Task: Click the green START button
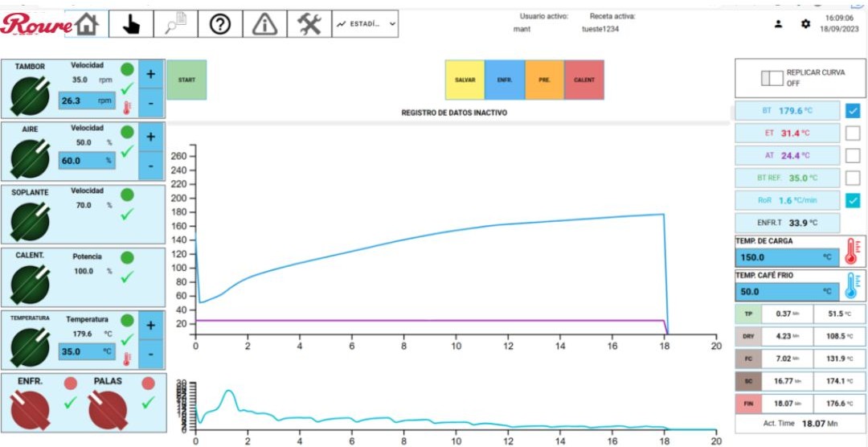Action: [x=186, y=80]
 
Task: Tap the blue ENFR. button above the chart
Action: [x=505, y=80]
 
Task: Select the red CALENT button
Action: [x=584, y=80]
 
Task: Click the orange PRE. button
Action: [x=545, y=80]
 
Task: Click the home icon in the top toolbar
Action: [x=86, y=24]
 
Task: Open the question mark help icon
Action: [x=220, y=24]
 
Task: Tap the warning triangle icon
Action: [x=264, y=24]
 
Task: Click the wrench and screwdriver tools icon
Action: [x=309, y=24]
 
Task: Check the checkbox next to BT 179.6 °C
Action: [x=853, y=111]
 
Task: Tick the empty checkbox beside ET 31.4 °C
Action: [x=853, y=133]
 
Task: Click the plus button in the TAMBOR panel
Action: [x=150, y=73]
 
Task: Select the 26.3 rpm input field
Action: [x=87, y=101]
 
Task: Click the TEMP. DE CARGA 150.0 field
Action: [x=788, y=258]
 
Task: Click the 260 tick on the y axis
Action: [x=179, y=156]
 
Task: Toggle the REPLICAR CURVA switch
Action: [x=771, y=78]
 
